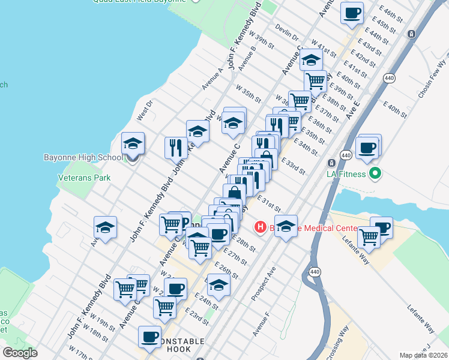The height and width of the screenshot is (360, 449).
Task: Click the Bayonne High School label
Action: coord(83,158)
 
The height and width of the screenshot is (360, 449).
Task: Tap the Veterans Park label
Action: coord(84,178)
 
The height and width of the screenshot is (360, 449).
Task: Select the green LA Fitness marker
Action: coord(376,175)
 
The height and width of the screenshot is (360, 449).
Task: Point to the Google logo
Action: coord(20,353)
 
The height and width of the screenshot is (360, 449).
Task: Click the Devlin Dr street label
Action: coord(287,28)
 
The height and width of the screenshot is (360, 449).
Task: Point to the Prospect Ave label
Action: coord(264,282)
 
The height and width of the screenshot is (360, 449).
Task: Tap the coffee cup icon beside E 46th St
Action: coord(352,12)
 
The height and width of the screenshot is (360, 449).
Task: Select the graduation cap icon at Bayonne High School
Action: coord(133,143)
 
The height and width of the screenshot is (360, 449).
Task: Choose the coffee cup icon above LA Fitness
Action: coord(367,146)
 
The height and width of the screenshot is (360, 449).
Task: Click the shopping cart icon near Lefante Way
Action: coord(368,237)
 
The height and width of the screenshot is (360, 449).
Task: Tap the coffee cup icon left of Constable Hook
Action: coord(149,337)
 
